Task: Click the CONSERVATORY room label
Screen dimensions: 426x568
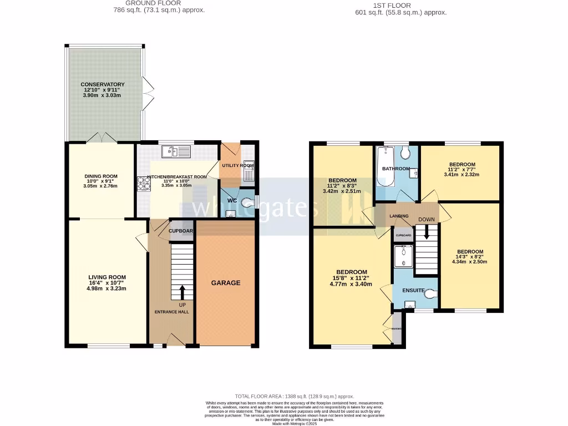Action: click(x=103, y=84)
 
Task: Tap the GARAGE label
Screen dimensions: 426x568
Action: click(x=226, y=283)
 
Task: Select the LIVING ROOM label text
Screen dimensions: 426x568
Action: click(x=107, y=277)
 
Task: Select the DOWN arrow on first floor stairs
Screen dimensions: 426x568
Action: click(x=426, y=232)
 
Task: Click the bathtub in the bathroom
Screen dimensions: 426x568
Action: click(x=386, y=166)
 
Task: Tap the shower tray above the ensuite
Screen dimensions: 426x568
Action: click(x=403, y=256)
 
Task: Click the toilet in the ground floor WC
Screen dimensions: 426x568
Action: click(x=246, y=200)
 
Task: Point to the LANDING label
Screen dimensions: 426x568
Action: click(x=399, y=216)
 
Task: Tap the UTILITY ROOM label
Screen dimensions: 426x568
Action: click(x=237, y=166)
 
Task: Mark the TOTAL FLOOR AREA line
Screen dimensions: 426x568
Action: click(x=295, y=396)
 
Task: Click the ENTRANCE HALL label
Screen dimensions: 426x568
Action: click(x=171, y=312)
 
